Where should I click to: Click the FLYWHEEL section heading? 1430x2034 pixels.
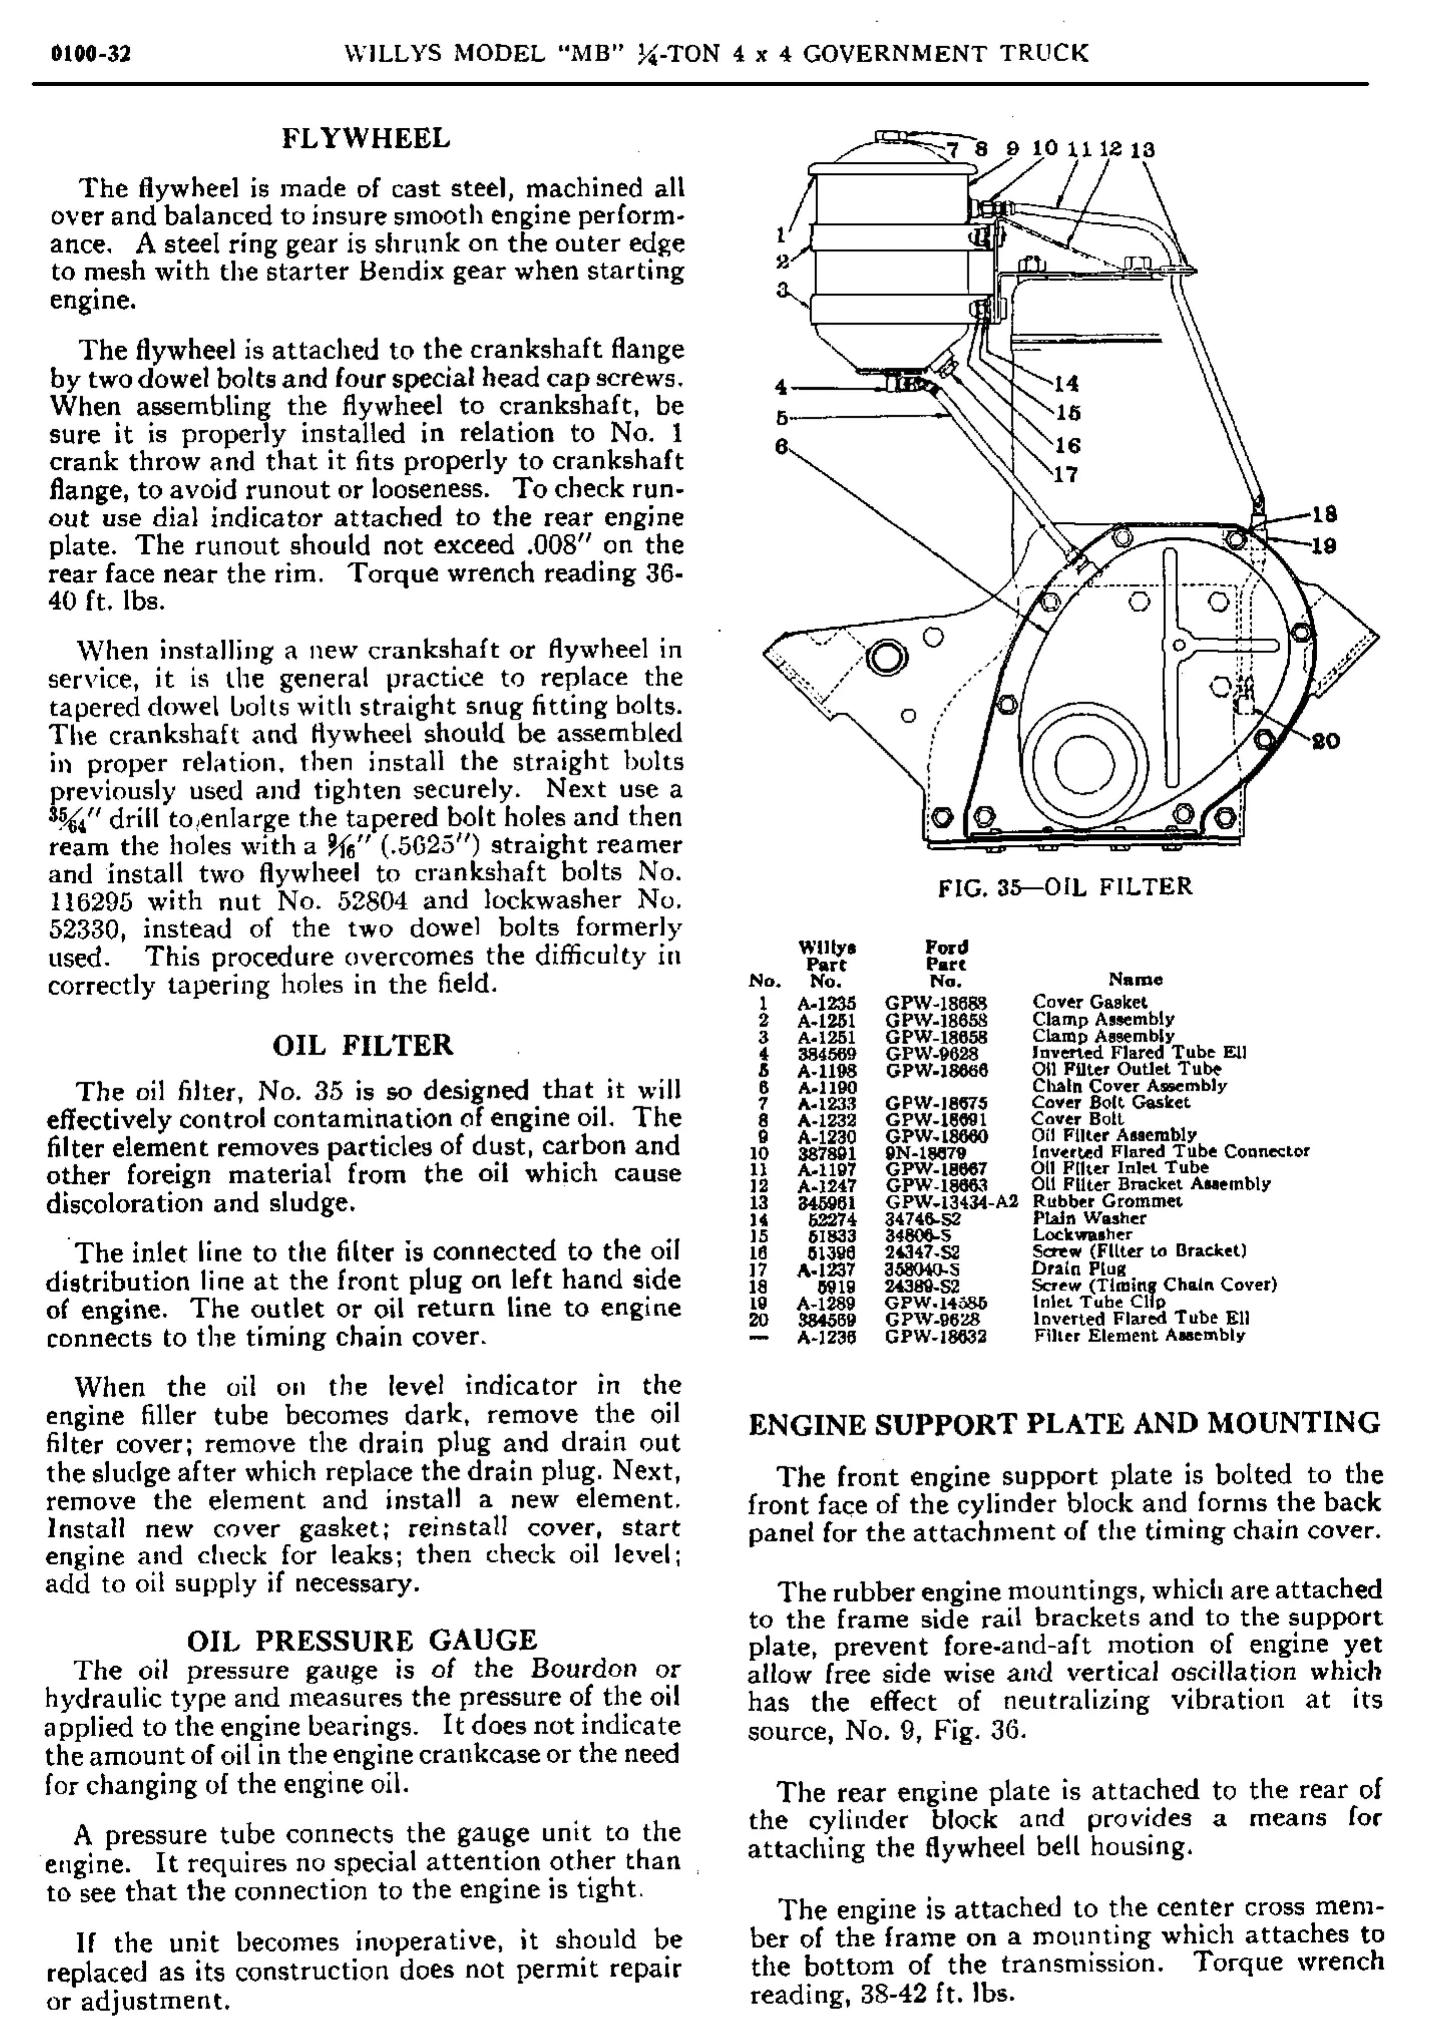coord(366,138)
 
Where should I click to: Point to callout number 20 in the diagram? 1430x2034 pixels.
coord(1325,741)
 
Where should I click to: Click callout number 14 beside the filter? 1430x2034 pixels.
coord(1067,384)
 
